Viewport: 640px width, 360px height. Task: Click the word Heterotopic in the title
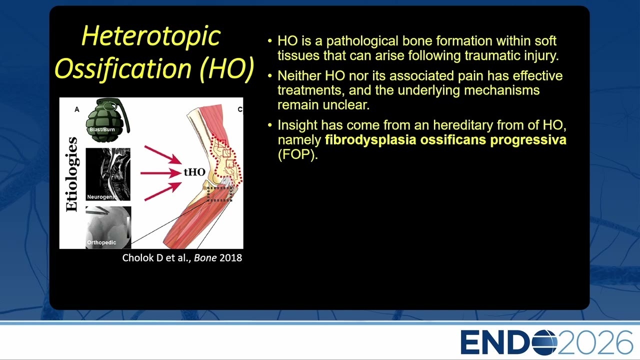(x=151, y=36)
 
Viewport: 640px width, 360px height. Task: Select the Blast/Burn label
(x=102, y=129)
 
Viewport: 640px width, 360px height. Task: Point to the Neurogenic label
(x=101, y=197)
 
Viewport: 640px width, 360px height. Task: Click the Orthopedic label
(x=101, y=242)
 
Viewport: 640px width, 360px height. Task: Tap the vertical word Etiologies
(x=71, y=174)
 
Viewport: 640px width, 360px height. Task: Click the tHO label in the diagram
(x=194, y=172)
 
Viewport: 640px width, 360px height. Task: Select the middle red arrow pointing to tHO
(x=161, y=173)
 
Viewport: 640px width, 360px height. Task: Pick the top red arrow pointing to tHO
(x=163, y=154)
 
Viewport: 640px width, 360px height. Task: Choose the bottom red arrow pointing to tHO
(x=163, y=191)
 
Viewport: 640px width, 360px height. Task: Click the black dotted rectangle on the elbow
(x=219, y=194)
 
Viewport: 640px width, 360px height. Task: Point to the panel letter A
(x=77, y=109)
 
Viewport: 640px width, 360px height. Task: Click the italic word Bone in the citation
(x=205, y=258)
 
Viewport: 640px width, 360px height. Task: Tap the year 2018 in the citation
(x=231, y=258)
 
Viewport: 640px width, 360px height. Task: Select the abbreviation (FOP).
(x=298, y=154)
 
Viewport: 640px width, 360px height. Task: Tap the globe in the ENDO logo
(x=544, y=342)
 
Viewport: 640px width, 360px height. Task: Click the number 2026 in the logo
(x=595, y=342)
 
